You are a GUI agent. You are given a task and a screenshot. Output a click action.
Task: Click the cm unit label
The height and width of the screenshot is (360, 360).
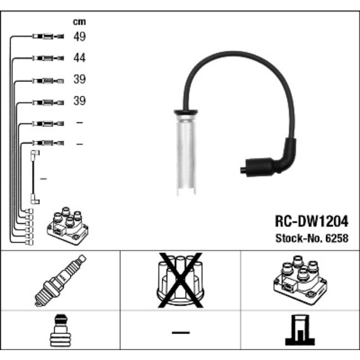(x=79, y=22)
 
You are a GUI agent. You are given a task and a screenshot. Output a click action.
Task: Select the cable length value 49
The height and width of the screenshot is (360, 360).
(x=79, y=37)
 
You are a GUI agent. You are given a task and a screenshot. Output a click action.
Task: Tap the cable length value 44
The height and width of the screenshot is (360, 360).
(x=79, y=58)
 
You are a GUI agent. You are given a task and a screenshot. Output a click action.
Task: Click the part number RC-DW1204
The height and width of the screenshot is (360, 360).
(x=312, y=221)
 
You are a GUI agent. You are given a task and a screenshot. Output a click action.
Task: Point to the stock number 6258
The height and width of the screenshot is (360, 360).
(x=337, y=238)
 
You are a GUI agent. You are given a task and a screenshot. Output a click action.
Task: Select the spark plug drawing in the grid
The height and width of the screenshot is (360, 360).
(x=60, y=280)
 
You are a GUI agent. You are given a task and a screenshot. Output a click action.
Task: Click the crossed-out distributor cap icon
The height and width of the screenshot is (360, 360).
(x=181, y=280)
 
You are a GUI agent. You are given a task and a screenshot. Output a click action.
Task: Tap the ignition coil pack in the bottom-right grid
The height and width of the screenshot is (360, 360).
(x=300, y=280)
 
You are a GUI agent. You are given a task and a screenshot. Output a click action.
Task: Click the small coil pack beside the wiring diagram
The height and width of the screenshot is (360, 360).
(x=68, y=226)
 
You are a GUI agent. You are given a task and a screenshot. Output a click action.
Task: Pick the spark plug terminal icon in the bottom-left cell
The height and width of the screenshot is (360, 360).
(x=60, y=331)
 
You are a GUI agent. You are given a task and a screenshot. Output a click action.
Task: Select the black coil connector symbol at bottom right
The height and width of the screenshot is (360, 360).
(x=300, y=330)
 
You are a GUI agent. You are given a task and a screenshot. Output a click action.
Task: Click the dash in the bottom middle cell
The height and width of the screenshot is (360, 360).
(x=181, y=332)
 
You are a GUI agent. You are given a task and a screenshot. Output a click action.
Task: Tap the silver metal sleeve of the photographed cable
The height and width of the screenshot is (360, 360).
(x=186, y=155)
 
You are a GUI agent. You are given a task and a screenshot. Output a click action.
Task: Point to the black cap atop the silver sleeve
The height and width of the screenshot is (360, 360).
(x=186, y=112)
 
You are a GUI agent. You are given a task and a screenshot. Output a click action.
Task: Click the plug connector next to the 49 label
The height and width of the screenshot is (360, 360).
(x=48, y=36)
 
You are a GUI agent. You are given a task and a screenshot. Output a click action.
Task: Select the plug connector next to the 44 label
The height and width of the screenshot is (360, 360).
(x=48, y=58)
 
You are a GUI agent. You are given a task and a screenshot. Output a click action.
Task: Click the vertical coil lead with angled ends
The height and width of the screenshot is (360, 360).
(x=35, y=177)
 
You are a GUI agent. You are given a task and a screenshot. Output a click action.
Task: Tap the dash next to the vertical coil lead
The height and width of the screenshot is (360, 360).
(x=44, y=179)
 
